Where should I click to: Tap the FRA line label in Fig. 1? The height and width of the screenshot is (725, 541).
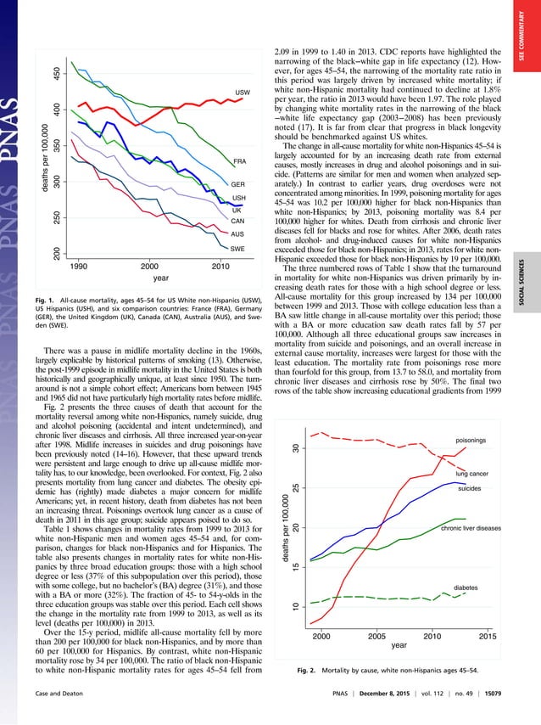click(x=239, y=160)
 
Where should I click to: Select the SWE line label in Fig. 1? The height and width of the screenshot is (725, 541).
click(x=239, y=249)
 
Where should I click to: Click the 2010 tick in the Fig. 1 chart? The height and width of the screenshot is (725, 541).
click(x=221, y=267)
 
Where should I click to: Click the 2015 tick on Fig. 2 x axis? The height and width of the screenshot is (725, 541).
click(x=488, y=635)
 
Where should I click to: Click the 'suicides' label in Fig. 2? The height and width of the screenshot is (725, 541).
click(x=471, y=490)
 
